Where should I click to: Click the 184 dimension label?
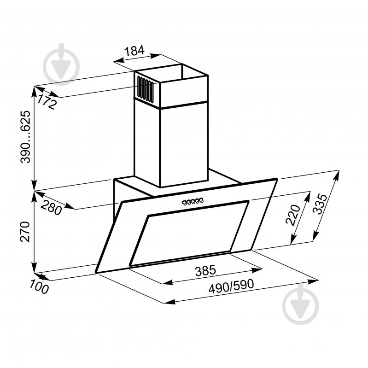(x=135, y=51)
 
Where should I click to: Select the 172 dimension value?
(x=47, y=102)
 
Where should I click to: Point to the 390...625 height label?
(x=26, y=137)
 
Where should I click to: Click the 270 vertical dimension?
(x=25, y=232)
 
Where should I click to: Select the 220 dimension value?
(x=293, y=215)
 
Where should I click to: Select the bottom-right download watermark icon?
(x=300, y=304)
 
